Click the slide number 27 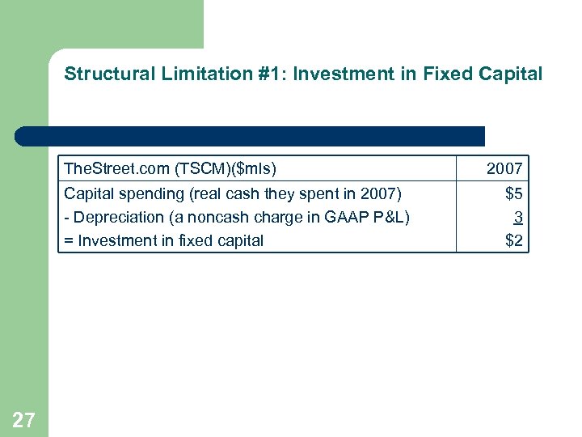point(24,419)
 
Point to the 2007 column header point(504,169)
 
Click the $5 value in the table point(513,194)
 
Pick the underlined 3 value point(517,217)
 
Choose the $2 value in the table point(513,240)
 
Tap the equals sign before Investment point(69,240)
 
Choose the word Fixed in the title point(432,74)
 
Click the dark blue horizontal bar point(251,135)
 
